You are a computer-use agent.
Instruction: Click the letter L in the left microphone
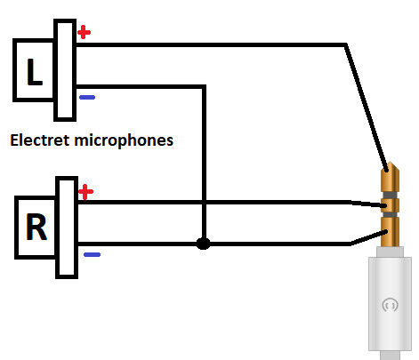(35, 72)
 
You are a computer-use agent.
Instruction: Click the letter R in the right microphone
(36, 227)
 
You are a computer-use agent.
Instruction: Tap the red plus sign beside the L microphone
(84, 32)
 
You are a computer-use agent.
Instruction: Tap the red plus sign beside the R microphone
(86, 192)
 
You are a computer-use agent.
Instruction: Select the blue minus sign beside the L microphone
(87, 97)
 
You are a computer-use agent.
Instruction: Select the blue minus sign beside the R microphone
(92, 254)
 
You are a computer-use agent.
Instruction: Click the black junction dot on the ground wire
(204, 244)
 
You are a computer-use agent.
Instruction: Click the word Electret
(40, 140)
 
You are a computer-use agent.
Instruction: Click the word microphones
(124, 140)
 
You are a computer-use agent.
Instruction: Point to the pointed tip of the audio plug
(391, 163)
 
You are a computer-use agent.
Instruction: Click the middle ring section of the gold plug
(391, 205)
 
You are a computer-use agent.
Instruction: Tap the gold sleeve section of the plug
(391, 232)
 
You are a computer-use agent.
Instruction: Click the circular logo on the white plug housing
(390, 305)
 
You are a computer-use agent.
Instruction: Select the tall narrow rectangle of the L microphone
(65, 70)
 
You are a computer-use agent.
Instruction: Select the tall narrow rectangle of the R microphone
(67, 228)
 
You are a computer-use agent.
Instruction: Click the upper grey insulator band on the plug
(391, 195)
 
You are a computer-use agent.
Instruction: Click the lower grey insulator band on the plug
(391, 215)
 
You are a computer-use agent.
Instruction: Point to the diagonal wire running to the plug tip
(367, 108)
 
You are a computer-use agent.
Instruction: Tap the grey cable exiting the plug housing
(391, 356)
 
